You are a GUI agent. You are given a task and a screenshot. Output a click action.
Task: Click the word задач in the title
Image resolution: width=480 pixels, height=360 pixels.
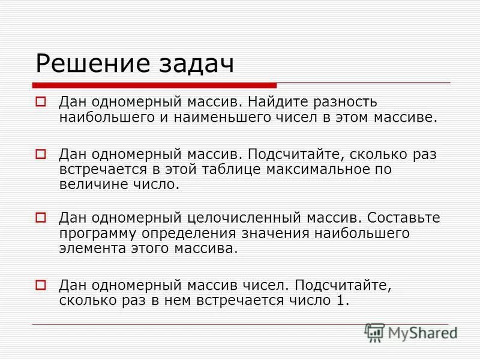(x=196, y=64)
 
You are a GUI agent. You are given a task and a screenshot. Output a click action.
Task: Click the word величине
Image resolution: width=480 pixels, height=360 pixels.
(x=91, y=185)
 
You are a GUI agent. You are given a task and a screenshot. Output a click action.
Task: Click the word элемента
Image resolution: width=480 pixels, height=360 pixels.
(x=90, y=248)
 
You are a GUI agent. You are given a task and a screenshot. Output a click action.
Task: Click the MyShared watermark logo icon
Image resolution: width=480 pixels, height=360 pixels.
(x=375, y=332)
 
